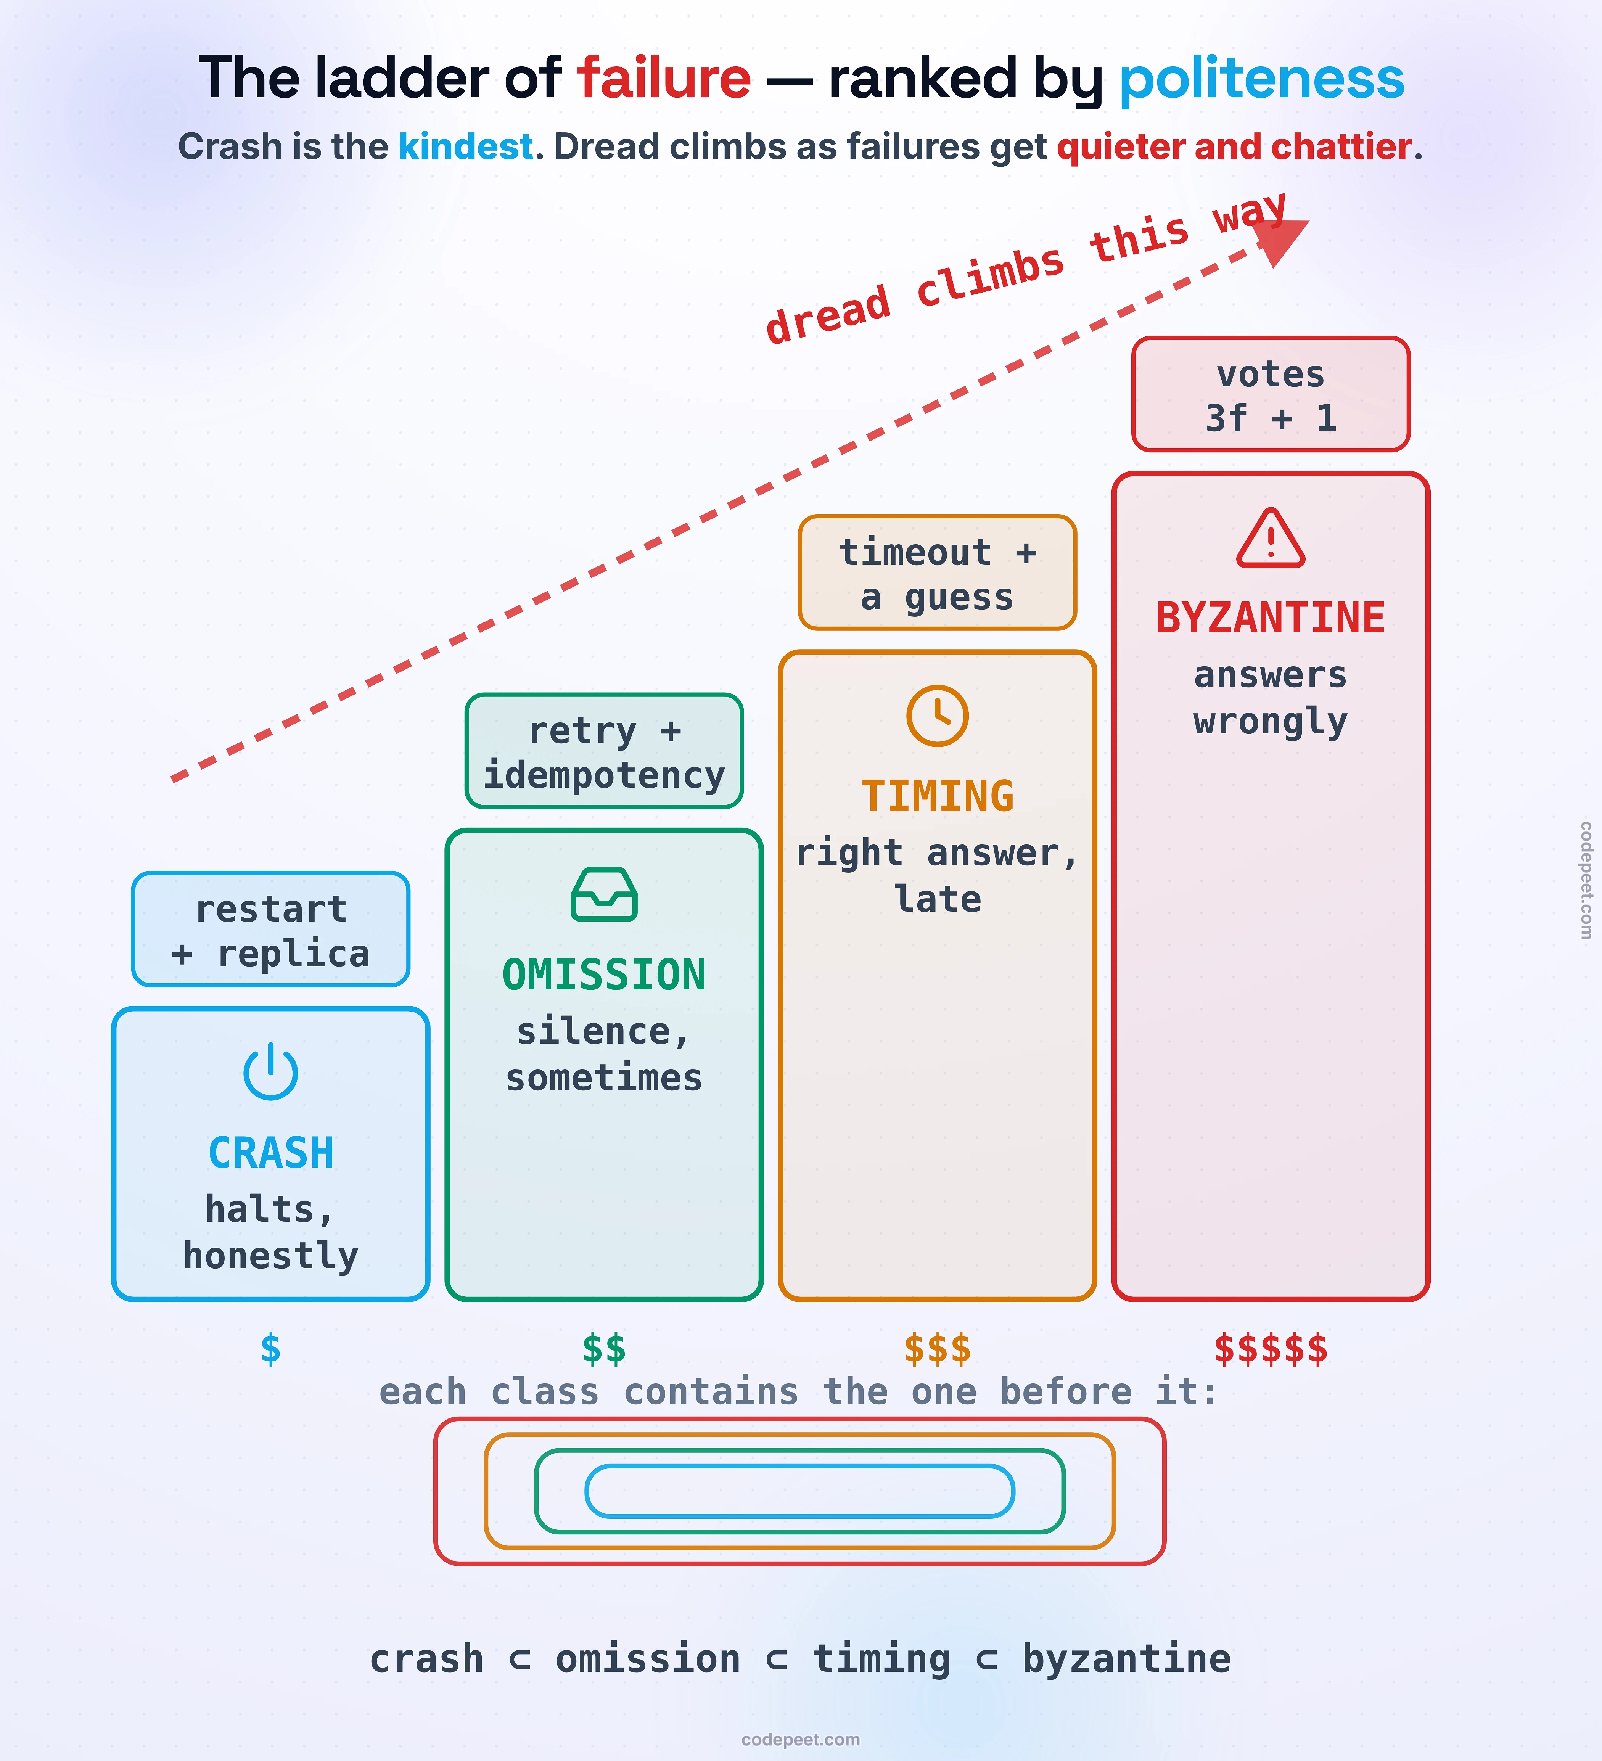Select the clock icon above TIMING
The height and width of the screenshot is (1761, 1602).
[x=937, y=716]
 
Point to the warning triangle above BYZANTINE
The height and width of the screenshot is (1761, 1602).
[x=1271, y=538]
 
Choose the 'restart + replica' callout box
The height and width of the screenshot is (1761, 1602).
[x=271, y=930]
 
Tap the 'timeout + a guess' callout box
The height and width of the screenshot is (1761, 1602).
[x=937, y=573]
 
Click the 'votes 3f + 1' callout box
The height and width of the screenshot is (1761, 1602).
[x=1271, y=394]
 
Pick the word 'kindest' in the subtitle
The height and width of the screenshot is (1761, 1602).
[x=466, y=147]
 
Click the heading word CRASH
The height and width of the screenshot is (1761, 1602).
[x=271, y=1153]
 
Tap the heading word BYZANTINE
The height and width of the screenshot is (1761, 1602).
[x=1271, y=618]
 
